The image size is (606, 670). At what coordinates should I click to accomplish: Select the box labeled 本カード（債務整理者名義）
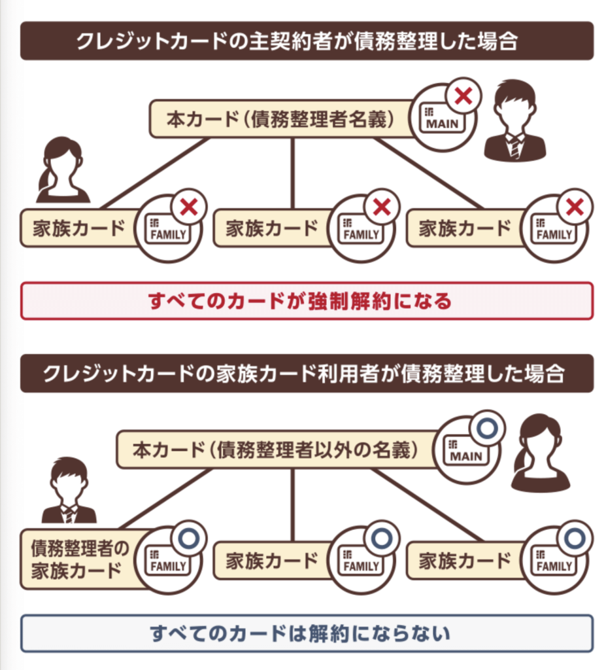(x=281, y=119)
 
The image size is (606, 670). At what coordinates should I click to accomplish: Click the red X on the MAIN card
(x=463, y=97)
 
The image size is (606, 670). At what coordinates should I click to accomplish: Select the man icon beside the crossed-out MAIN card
(x=514, y=121)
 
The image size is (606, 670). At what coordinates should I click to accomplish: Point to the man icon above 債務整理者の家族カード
(x=69, y=491)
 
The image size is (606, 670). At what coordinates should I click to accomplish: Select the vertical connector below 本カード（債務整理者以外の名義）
(x=292, y=504)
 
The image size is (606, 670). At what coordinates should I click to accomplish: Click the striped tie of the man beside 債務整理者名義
(x=515, y=147)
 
